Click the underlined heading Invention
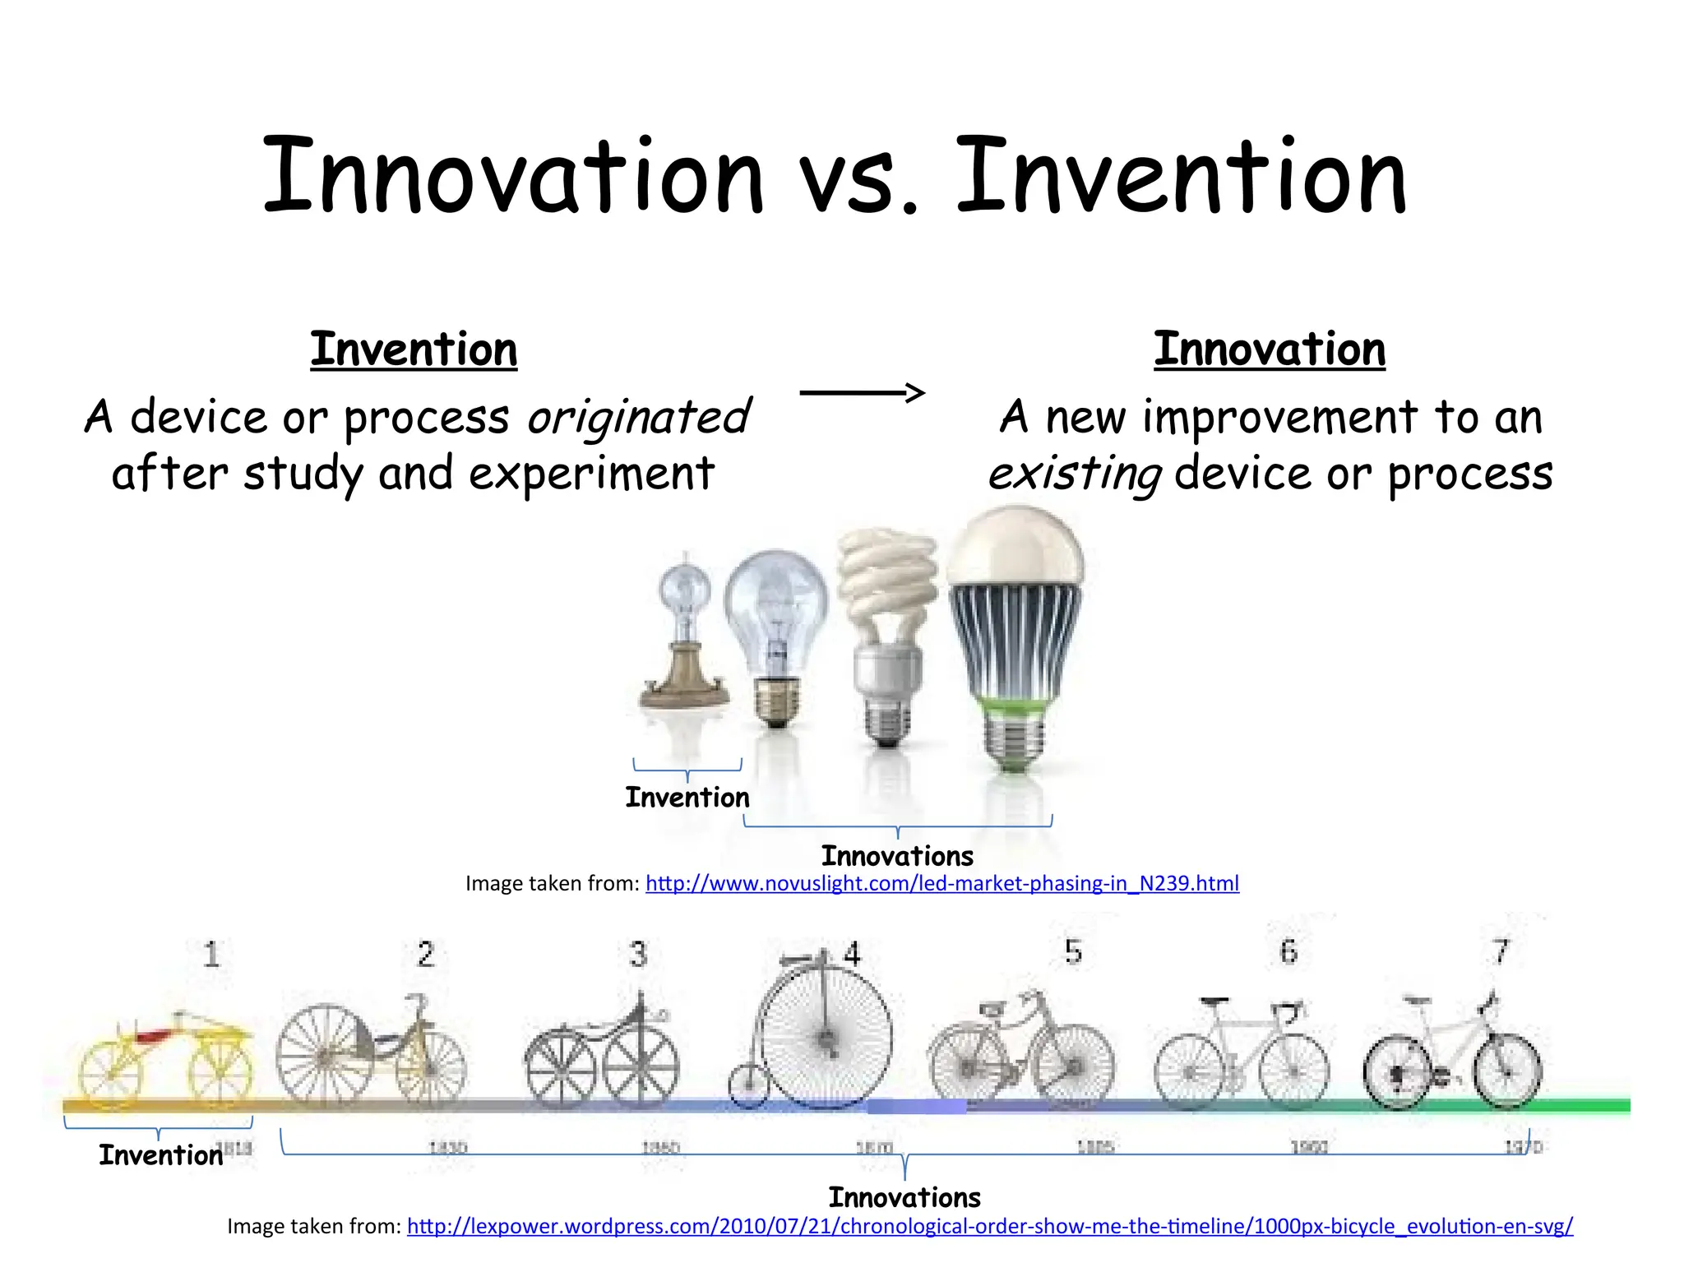pyautogui.click(x=414, y=349)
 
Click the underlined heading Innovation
pyautogui.click(x=1269, y=349)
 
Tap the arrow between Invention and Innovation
pyautogui.click(x=862, y=392)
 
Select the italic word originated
pyautogui.click(x=638, y=417)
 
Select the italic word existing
pyautogui.click(x=1075, y=474)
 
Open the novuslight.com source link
pyautogui.click(x=941, y=884)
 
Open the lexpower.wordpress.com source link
pyautogui.click(x=989, y=1226)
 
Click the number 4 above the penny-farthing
pyautogui.click(x=852, y=954)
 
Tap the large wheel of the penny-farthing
pyautogui.click(x=825, y=1038)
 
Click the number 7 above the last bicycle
pyautogui.click(x=1501, y=951)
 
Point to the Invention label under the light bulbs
pyautogui.click(x=687, y=798)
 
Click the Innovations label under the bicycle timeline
pyautogui.click(x=904, y=1197)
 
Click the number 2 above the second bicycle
pyautogui.click(x=425, y=954)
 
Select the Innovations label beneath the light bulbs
pyautogui.click(x=897, y=856)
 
